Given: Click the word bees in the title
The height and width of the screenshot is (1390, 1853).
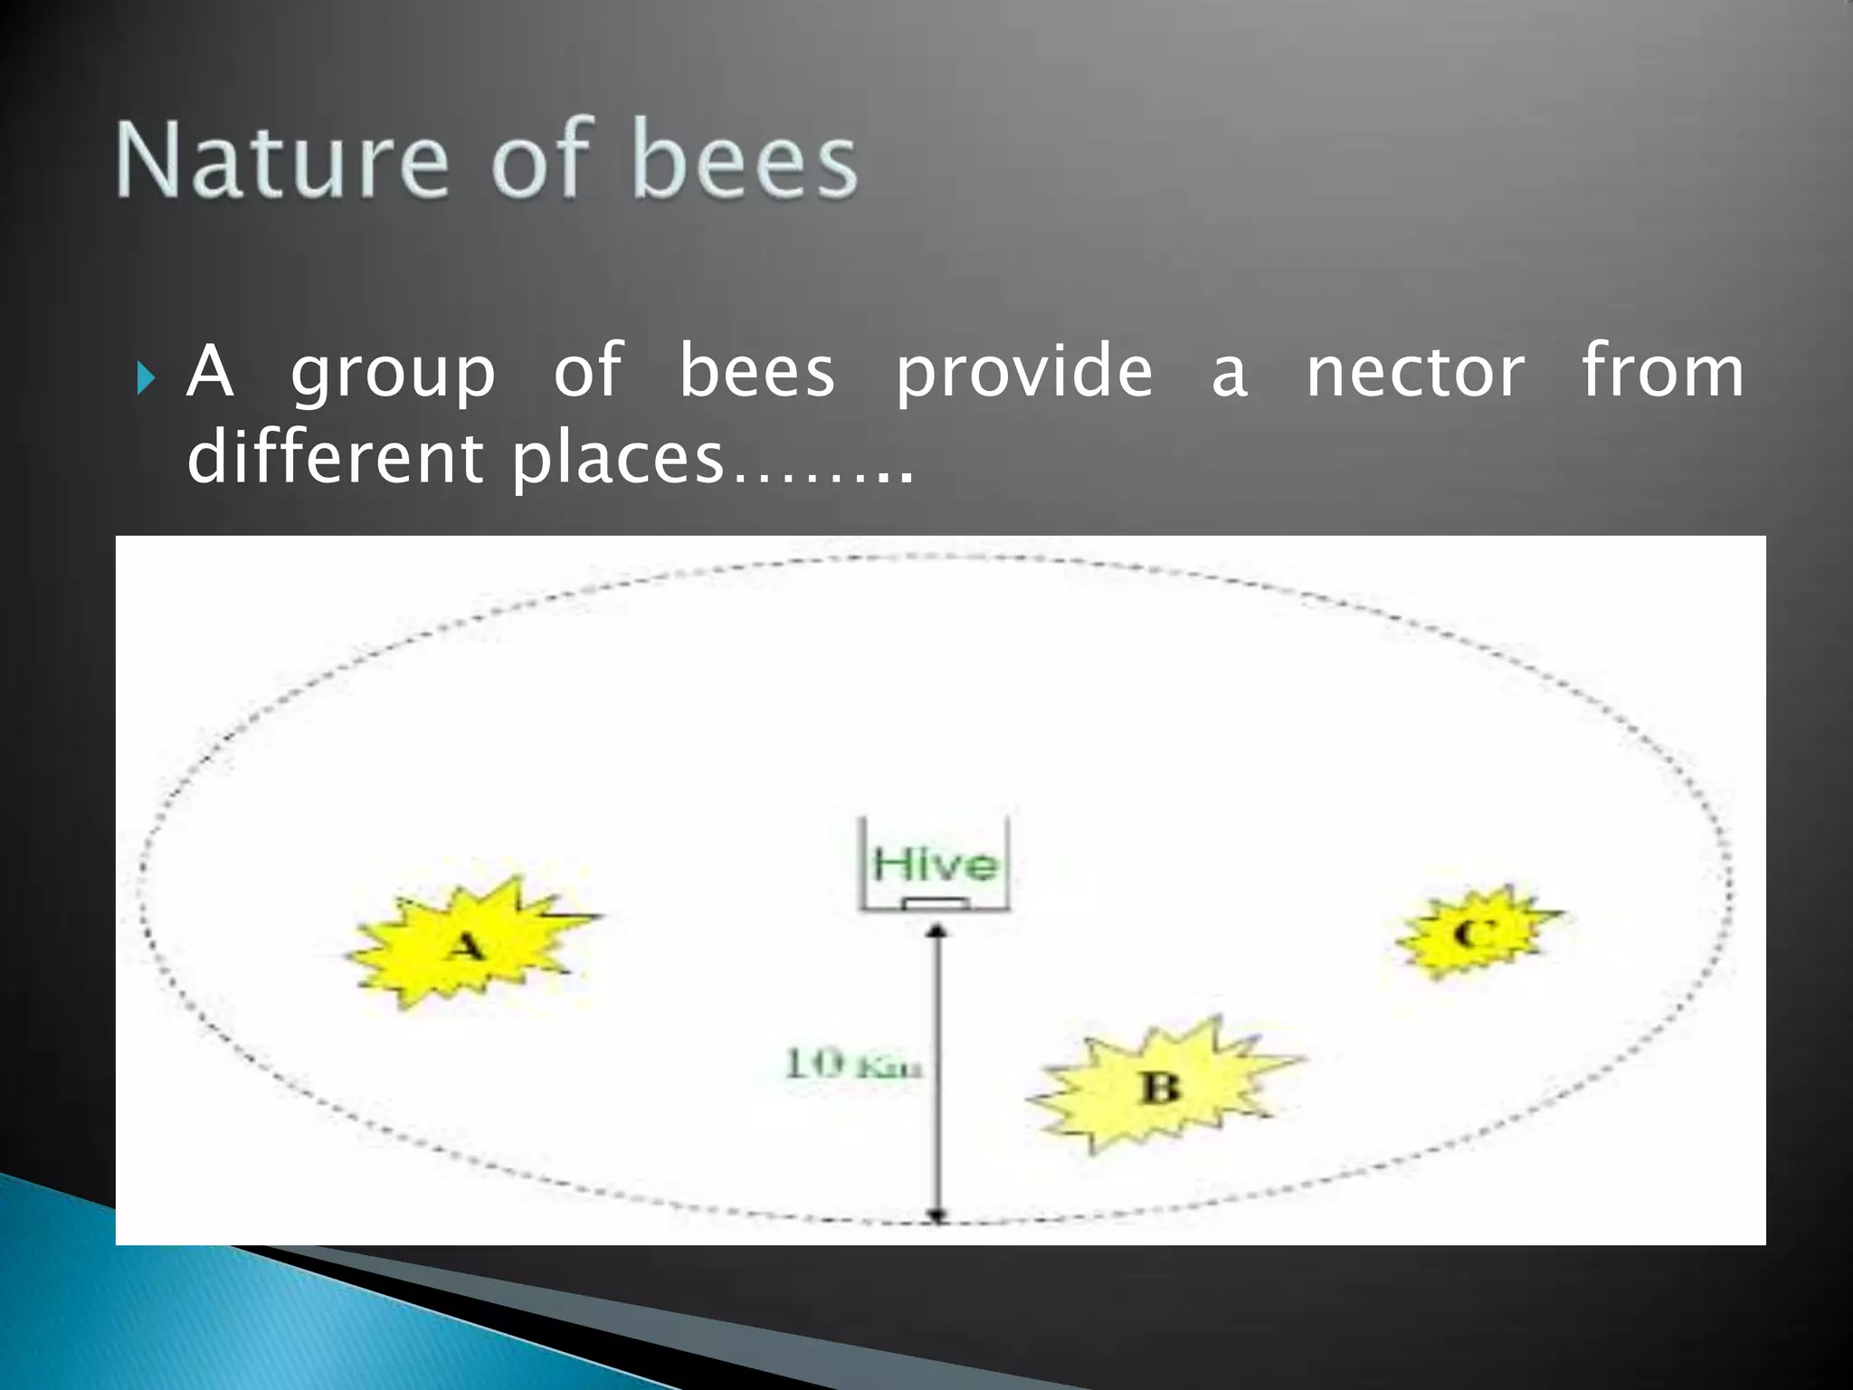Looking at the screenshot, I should pos(744,160).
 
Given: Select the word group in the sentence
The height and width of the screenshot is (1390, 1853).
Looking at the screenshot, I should pos(393,373).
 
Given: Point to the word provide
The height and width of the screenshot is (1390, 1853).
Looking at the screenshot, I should pos(1024,373).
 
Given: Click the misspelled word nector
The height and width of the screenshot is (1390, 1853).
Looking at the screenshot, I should pos(1415,373).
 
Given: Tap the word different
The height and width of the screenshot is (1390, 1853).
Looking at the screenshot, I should pos(335,458).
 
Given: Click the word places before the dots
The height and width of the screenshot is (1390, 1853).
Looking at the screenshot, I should pos(618,460).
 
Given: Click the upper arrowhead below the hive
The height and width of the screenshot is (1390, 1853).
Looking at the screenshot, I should pos(938,929).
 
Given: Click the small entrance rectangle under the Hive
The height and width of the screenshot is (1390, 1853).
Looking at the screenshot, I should pos(936,903).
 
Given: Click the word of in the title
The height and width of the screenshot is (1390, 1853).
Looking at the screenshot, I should pos(539,160).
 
